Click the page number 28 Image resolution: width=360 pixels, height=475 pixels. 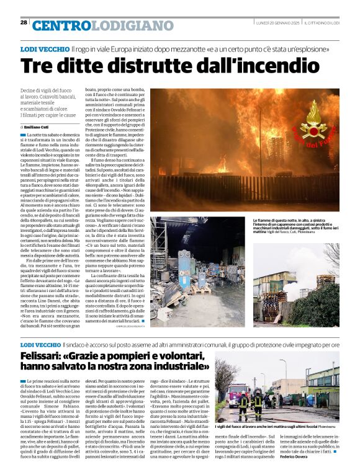click(24, 22)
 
